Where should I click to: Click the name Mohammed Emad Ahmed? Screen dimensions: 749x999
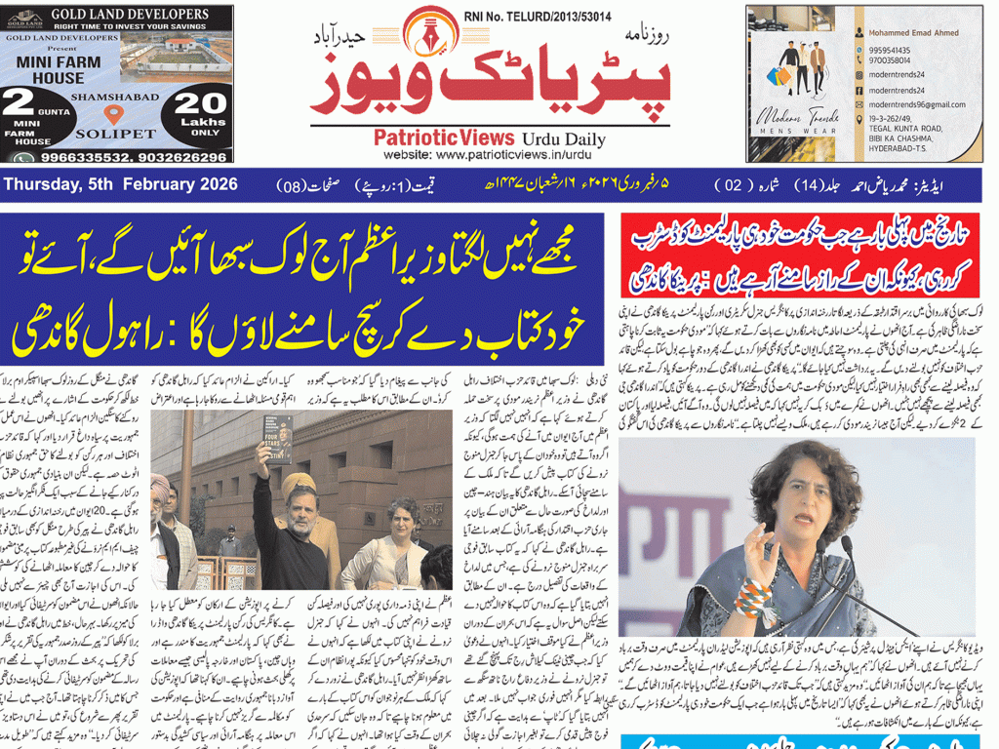[913, 32]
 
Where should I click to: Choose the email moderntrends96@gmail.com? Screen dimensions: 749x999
[914, 104]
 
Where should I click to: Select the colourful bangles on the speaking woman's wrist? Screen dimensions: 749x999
[748, 596]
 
